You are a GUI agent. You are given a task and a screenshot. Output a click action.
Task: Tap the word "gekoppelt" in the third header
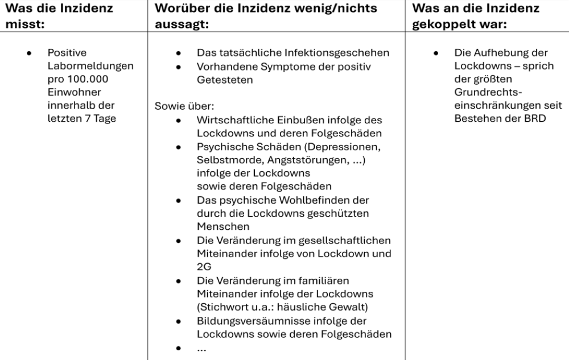[442, 26]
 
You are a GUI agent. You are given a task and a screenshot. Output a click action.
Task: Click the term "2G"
[203, 266]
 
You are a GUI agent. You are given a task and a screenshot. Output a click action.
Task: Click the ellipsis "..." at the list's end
[202, 349]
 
